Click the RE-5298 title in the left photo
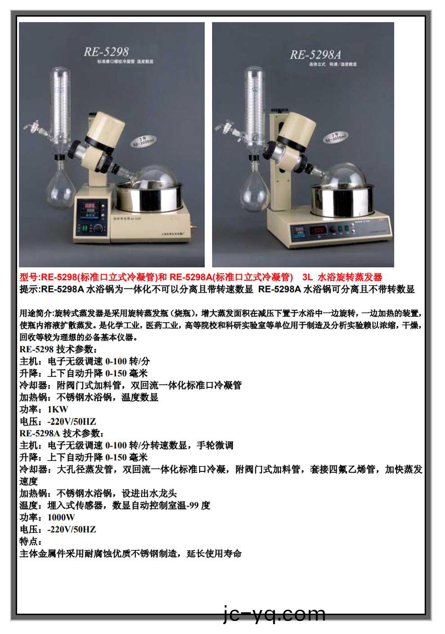click(x=106, y=51)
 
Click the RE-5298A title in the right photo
click(x=315, y=55)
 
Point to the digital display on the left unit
click(x=89, y=207)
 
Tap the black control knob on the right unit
click(x=332, y=230)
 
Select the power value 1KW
click(x=58, y=409)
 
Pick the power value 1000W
click(x=61, y=518)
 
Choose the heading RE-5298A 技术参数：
click(x=62, y=434)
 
